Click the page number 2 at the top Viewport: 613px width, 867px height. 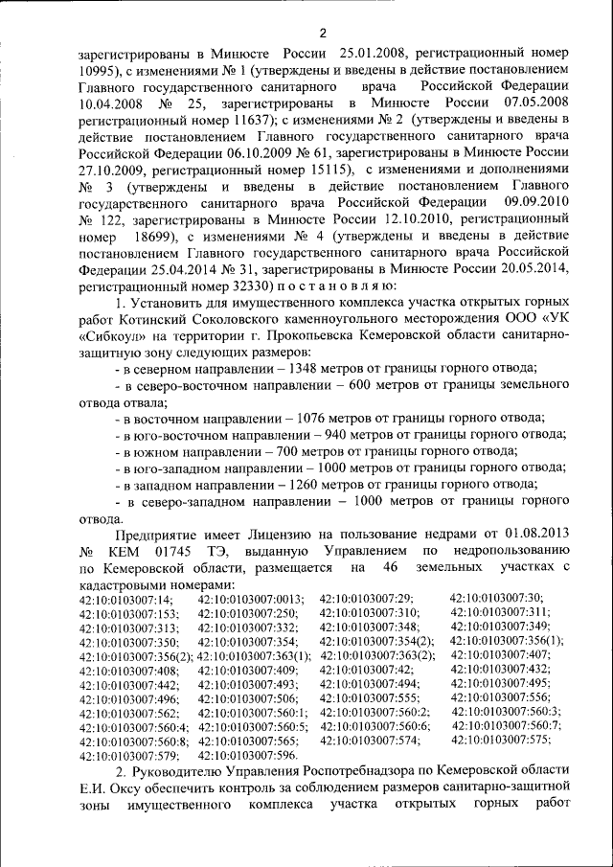click(x=323, y=34)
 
